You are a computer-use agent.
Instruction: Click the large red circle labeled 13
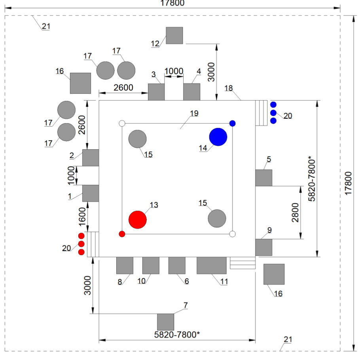[138, 220]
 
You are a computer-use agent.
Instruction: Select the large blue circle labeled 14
[218, 137]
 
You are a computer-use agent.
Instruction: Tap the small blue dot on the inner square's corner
[232, 124]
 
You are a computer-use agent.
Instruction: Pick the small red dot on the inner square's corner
[122, 234]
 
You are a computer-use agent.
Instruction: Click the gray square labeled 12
[174, 35]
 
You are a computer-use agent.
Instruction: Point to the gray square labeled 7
[165, 322]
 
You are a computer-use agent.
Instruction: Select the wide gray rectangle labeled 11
[212, 265]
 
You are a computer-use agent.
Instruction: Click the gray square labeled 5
[264, 178]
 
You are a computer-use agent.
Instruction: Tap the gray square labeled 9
[264, 248]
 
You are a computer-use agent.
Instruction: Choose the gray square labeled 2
[91, 158]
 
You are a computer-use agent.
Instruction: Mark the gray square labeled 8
[125, 265]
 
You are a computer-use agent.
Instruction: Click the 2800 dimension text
[295, 212]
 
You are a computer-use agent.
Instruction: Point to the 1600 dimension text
[82, 217]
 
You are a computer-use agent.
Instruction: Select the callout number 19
[194, 113]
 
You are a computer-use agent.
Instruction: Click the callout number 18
[229, 88]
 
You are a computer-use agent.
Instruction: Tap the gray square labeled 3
[156, 92]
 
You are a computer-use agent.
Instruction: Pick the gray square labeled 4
[192, 92]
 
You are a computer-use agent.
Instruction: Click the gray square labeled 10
[151, 265]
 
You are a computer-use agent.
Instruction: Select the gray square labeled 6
[177, 265]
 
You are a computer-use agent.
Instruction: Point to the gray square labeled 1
[91, 194]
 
